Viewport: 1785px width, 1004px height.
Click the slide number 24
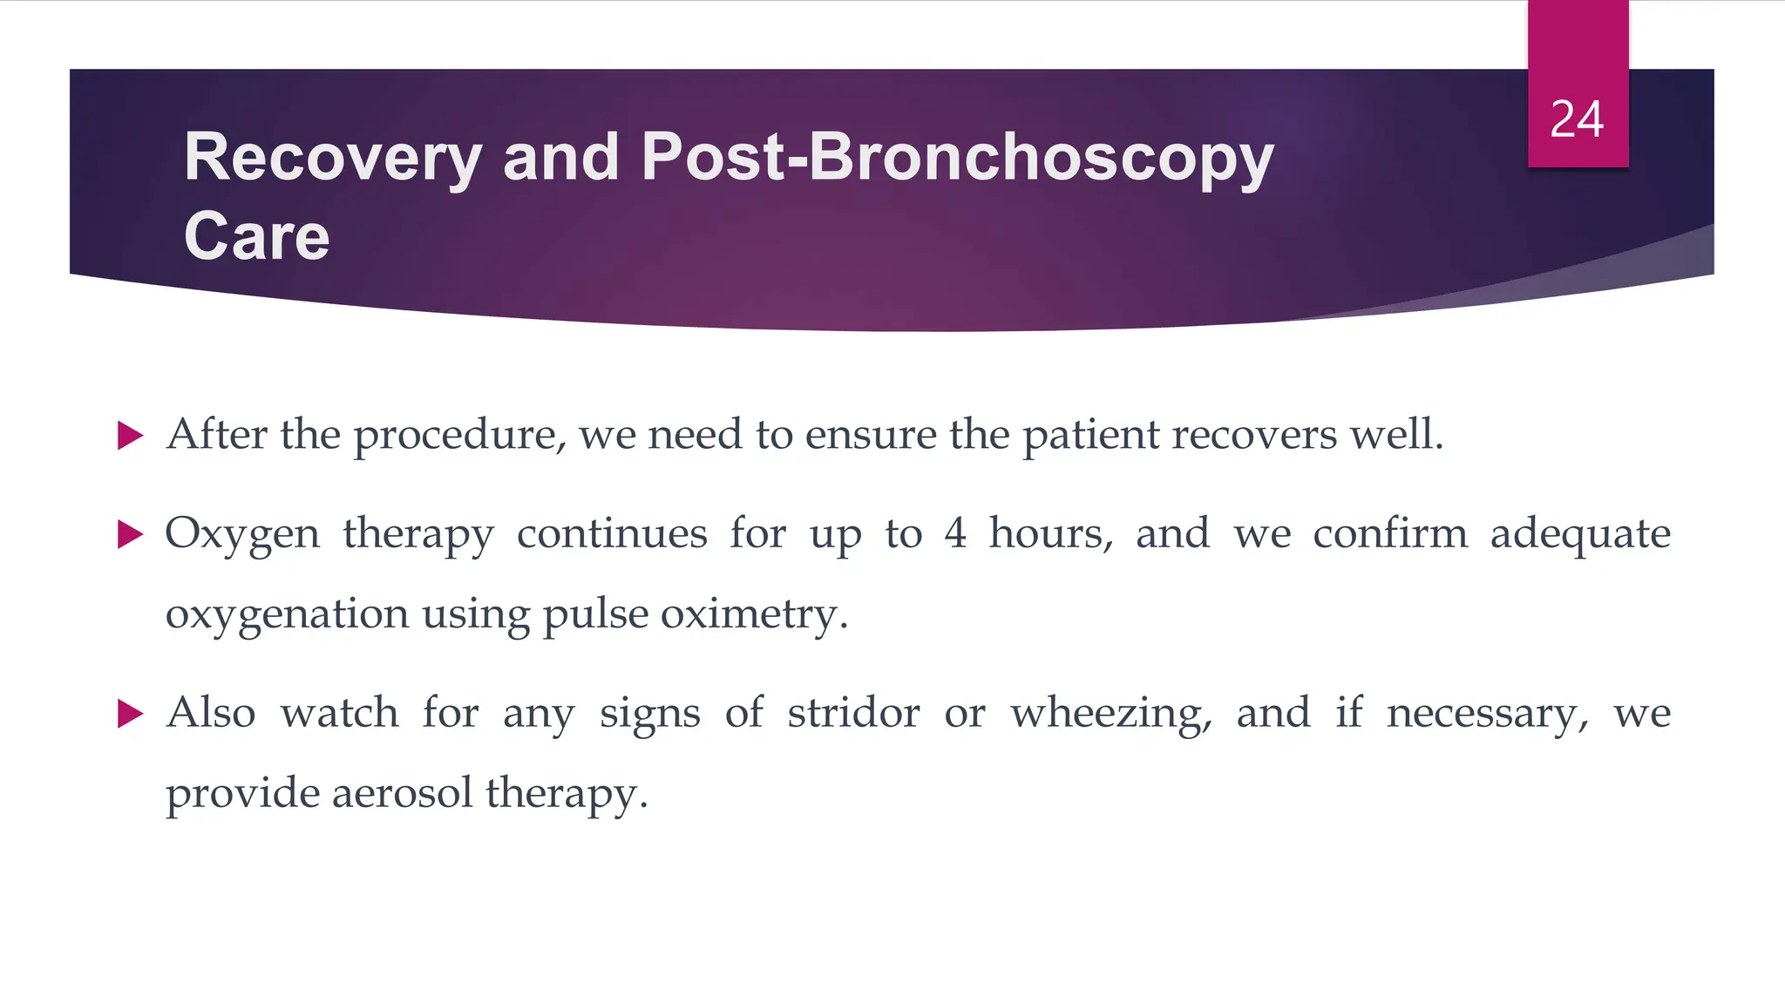1577,119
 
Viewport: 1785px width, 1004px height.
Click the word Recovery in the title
333,158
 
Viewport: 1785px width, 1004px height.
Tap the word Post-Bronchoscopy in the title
957,158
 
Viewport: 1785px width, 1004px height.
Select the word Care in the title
256,236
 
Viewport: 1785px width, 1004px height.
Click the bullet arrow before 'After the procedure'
130,435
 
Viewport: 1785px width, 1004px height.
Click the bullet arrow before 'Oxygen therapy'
130,534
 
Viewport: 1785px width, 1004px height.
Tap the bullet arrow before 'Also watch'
130,714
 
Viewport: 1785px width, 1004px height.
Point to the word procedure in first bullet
458,435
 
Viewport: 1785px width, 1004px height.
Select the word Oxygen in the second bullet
242,534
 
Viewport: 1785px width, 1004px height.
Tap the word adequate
1579,534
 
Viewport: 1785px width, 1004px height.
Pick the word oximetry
753,614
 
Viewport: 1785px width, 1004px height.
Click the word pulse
595,614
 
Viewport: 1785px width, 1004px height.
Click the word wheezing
1110,714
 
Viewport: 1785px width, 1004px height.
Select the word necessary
1487,714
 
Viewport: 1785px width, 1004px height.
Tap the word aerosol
402,793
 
